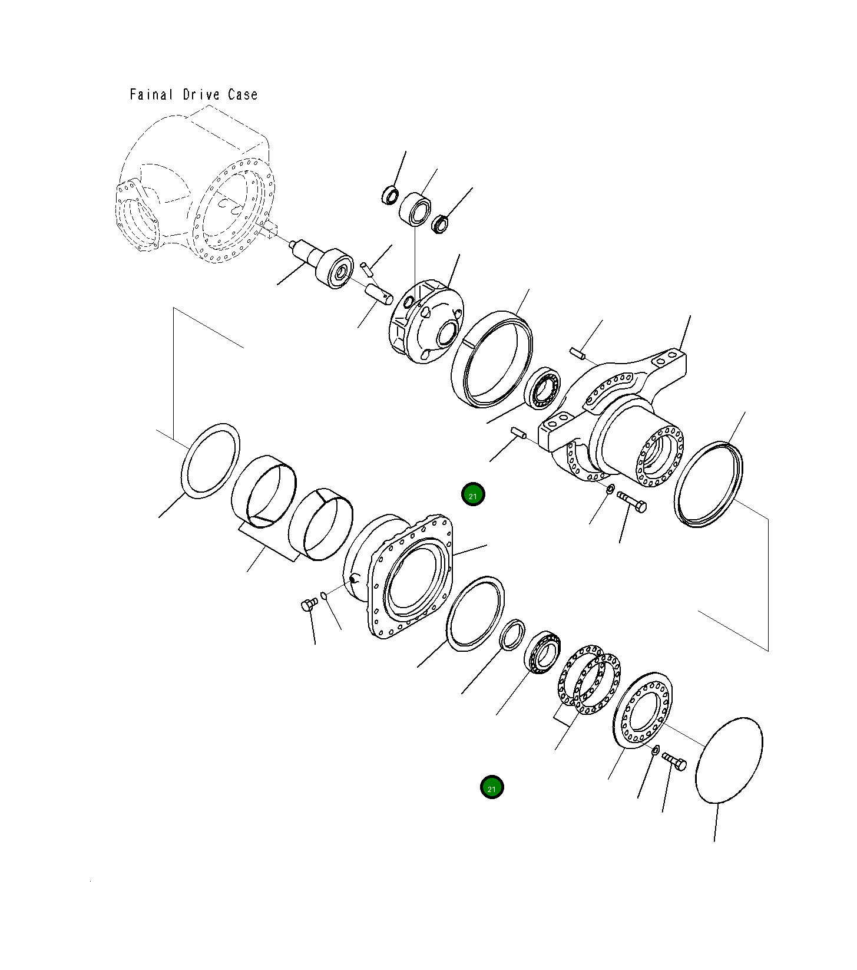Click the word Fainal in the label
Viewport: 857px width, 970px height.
point(151,95)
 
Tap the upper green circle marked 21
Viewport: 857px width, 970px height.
point(472,495)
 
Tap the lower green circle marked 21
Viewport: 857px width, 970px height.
point(491,787)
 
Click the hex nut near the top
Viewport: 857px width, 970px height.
point(440,224)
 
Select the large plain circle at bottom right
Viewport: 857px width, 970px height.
point(729,760)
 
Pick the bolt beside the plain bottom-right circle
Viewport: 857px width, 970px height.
point(675,761)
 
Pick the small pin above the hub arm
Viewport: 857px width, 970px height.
point(577,353)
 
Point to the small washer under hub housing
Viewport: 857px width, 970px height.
point(611,489)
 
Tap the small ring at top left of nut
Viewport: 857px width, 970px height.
point(390,194)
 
